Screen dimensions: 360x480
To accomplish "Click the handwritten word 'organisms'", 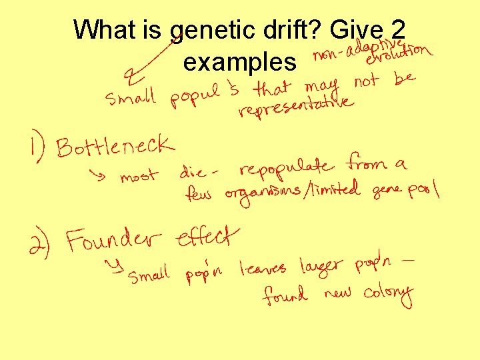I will pos(263,193).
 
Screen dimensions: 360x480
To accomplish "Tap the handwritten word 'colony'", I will pos(389,294).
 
